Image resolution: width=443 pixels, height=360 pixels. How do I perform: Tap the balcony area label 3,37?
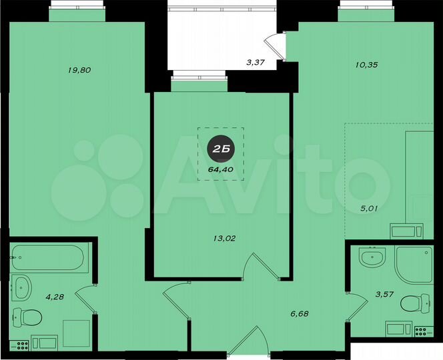point(256,63)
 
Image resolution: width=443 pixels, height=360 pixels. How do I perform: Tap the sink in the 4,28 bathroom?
point(22,288)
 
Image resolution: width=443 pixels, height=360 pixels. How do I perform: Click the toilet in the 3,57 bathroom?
point(415,304)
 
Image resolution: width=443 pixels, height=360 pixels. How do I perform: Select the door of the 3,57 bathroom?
point(357,304)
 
